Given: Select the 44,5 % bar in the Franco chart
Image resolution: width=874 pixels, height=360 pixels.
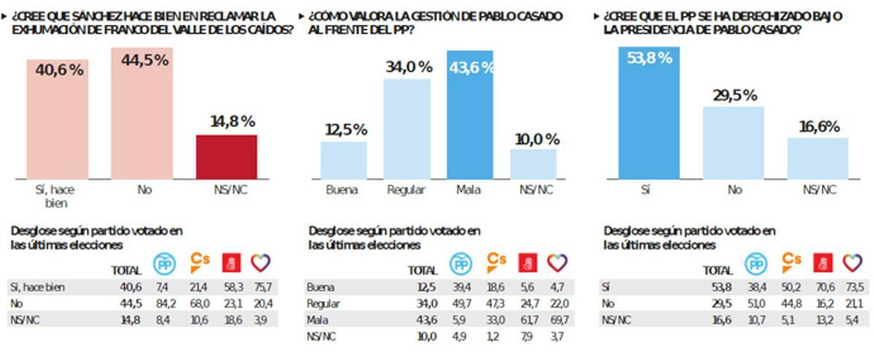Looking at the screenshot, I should pyautogui.click(x=142, y=117).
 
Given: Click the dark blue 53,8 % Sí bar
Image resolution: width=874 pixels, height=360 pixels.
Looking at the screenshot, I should pyautogui.click(x=649, y=117).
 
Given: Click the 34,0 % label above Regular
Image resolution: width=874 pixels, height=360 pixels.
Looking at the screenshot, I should pyautogui.click(x=408, y=67).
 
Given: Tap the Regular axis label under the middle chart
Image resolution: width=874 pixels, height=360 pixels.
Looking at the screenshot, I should pyautogui.click(x=406, y=190).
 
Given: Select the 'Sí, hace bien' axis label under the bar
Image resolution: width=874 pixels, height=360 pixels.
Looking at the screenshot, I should pyautogui.click(x=55, y=195).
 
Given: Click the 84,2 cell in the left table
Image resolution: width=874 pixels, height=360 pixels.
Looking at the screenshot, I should pyautogui.click(x=162, y=303).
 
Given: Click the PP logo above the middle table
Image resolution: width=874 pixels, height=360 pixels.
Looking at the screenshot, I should pyautogui.click(x=461, y=264).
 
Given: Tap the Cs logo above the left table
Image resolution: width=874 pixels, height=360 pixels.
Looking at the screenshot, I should pyautogui.click(x=200, y=261).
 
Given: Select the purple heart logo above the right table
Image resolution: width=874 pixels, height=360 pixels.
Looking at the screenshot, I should pyautogui.click(x=852, y=262).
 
